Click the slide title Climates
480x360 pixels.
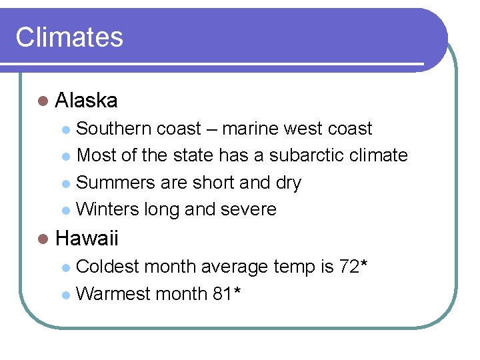[69, 37]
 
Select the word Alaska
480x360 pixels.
[87, 101]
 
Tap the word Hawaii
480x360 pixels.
[87, 238]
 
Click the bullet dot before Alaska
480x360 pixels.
[43, 101]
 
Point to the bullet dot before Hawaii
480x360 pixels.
[43, 239]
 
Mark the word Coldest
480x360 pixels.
[108, 267]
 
